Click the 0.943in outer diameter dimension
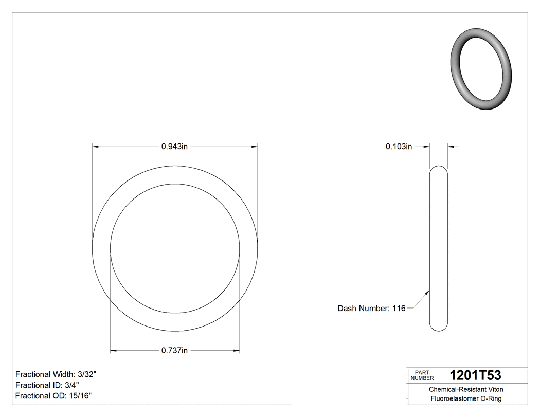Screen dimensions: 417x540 click(x=175, y=147)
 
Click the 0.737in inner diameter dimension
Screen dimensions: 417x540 click(x=175, y=351)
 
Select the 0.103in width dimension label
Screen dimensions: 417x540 click(x=399, y=147)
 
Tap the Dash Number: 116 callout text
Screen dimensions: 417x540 click(x=371, y=309)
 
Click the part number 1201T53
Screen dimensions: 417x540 click(x=475, y=375)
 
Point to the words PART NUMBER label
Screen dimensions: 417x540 click(x=423, y=375)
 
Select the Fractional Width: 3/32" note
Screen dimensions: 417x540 click(x=56, y=374)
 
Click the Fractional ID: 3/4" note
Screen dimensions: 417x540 click(x=47, y=385)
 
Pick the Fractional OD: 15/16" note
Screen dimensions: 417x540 click(x=53, y=395)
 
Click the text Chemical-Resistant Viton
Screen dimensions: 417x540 click(x=466, y=389)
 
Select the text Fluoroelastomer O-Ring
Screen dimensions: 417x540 click(x=466, y=398)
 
